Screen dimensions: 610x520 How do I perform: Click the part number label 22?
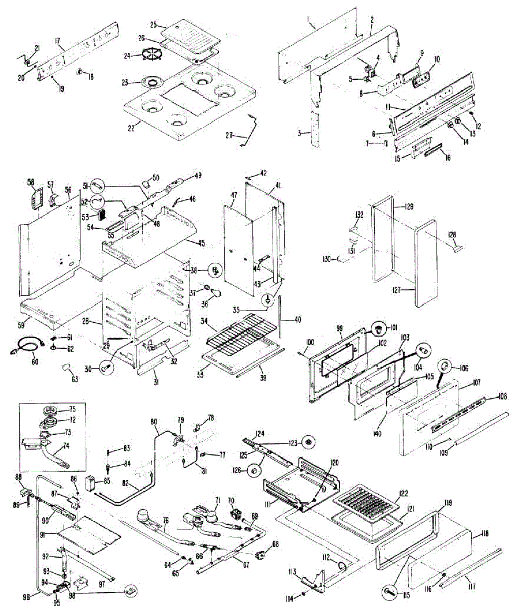click(x=131, y=128)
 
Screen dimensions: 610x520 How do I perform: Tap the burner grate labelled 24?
click(x=150, y=55)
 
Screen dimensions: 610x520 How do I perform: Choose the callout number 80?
click(x=154, y=421)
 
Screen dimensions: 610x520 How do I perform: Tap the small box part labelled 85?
click(x=92, y=481)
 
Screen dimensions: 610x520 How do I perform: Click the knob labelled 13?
click(x=458, y=121)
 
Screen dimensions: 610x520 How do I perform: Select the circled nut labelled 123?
click(x=308, y=442)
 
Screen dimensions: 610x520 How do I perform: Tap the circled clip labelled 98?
click(x=130, y=591)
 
